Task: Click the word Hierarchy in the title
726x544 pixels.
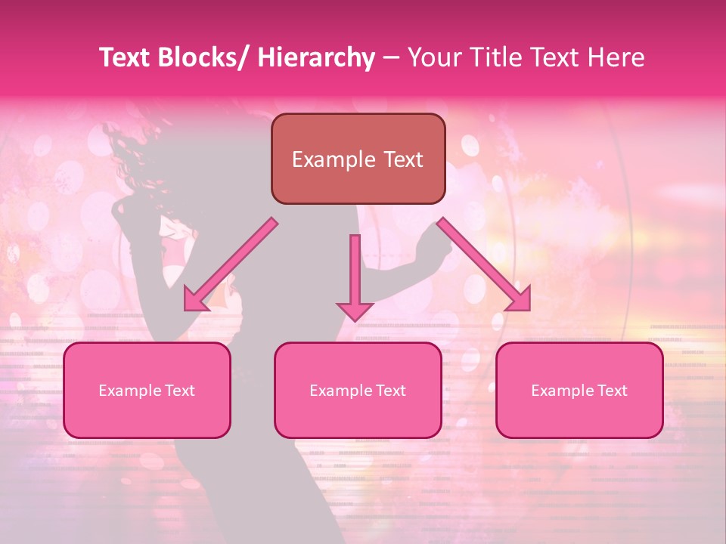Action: [x=316, y=57]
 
